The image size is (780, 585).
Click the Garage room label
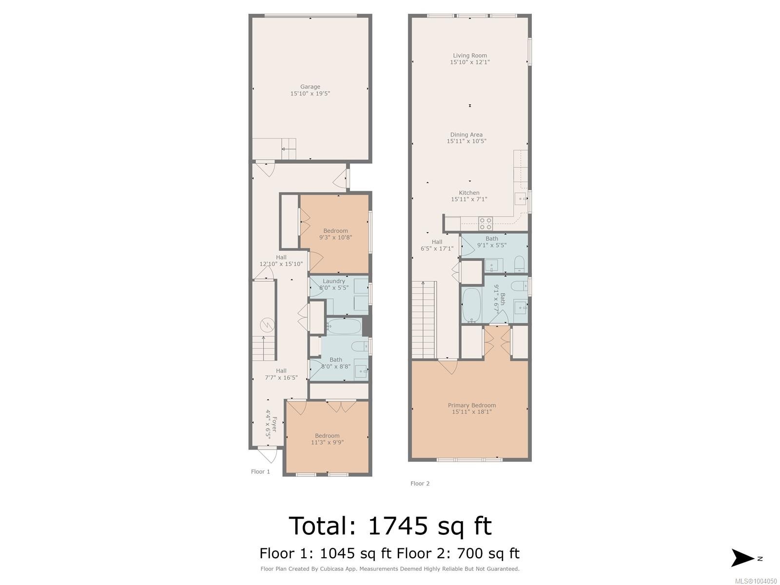(310, 87)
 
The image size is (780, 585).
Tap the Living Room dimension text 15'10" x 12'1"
(469, 62)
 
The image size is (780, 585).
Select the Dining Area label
(466, 135)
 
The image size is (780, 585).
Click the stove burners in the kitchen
(485, 224)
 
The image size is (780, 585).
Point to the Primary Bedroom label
(471, 405)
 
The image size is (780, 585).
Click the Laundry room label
(333, 281)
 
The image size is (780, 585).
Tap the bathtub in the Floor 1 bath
(344, 326)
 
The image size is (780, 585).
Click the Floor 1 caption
(260, 471)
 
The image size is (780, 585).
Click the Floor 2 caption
(420, 484)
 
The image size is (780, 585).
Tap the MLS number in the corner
(756, 581)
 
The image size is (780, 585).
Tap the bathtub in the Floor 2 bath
(471, 305)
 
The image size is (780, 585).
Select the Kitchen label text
(469, 193)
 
